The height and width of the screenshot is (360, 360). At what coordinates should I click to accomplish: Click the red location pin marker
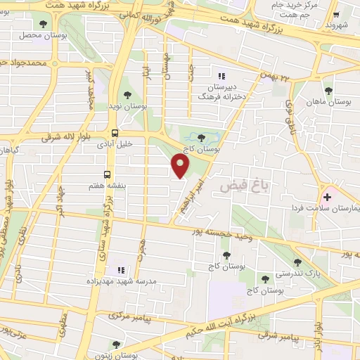click(181, 166)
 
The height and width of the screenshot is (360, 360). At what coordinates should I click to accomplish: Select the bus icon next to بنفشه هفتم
click(108, 174)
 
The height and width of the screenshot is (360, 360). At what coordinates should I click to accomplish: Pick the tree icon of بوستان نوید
click(127, 95)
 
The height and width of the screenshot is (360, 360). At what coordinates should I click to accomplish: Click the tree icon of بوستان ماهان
click(328, 90)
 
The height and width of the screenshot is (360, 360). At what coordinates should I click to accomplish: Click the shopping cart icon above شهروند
click(336, 13)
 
